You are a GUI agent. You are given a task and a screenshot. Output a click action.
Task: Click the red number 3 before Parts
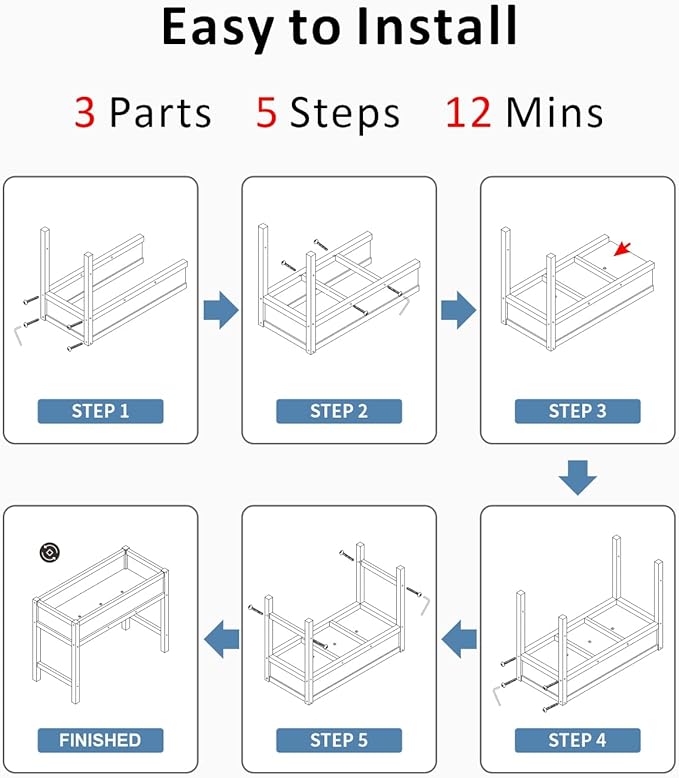(85, 113)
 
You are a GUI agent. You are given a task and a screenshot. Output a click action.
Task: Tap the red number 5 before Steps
(267, 113)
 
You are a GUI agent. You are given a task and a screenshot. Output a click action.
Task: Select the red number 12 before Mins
(469, 113)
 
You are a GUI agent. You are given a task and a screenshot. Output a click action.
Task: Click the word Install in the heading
(437, 27)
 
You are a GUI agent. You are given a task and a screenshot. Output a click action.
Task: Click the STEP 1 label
(100, 411)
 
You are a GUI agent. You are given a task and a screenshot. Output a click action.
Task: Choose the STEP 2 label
(339, 411)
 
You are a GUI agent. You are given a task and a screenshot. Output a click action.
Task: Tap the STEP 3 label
(578, 411)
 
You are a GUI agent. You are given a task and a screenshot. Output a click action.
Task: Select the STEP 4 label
(578, 740)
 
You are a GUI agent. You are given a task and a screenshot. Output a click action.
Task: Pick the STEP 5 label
(339, 740)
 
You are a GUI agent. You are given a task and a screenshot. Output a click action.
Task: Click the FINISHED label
(100, 740)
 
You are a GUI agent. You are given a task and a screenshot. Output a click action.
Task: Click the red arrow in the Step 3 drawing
(622, 249)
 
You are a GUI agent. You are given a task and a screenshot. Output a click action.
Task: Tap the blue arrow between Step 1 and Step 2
(221, 310)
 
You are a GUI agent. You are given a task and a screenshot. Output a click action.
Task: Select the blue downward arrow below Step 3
(578, 477)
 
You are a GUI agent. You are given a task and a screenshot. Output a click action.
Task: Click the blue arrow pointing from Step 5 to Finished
(221, 639)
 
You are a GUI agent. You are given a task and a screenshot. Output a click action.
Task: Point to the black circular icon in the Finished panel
(50, 552)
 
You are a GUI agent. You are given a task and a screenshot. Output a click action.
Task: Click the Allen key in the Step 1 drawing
(18, 333)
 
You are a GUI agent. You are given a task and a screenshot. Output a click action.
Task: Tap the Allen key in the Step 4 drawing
(497, 694)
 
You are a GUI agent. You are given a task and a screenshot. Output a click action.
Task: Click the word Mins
(554, 113)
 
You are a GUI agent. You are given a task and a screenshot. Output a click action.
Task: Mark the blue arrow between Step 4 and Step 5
(459, 639)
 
